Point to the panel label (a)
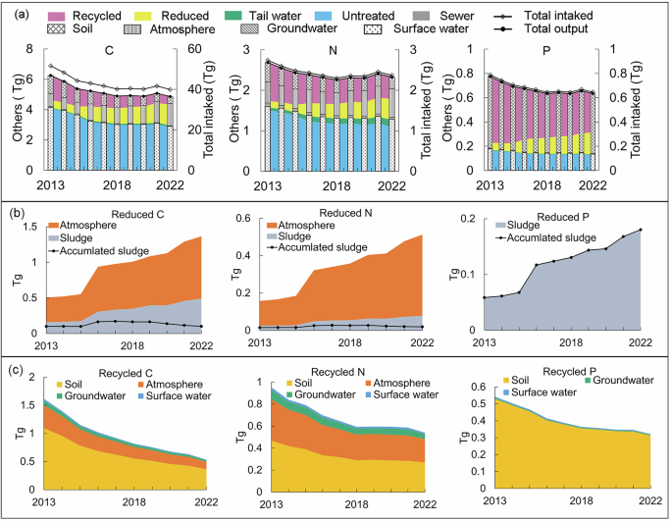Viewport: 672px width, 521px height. (x=19, y=13)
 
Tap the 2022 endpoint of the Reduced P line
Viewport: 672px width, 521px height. (x=639, y=230)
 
